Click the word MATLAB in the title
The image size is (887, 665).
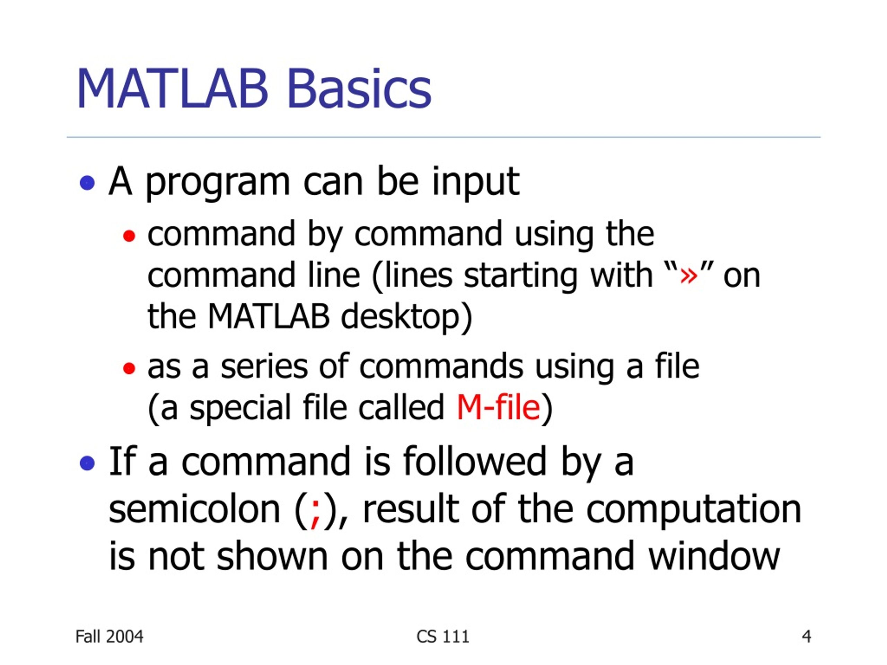pos(173,89)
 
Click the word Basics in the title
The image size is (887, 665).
pos(359,89)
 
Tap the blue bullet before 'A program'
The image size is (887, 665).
pos(87,183)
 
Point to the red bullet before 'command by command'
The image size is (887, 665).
pos(129,236)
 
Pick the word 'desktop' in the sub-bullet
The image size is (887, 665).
pos(400,317)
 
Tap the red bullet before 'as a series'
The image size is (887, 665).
pos(129,368)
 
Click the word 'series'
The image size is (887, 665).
pos(264,367)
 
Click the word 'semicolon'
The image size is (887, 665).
pos(194,510)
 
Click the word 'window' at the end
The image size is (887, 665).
pos(714,556)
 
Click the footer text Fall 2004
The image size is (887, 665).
pos(109,637)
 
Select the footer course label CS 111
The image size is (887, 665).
pos(443,637)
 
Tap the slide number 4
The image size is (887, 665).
pos(806,637)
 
